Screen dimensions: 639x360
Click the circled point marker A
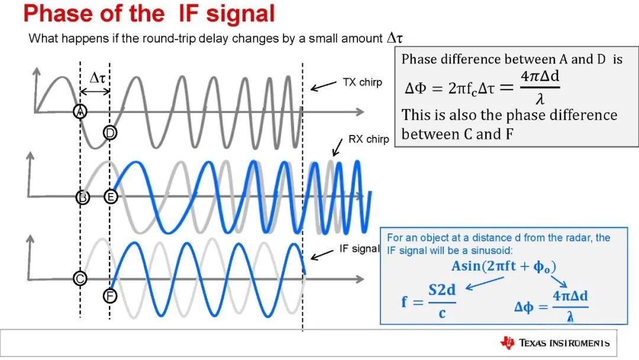click(80, 111)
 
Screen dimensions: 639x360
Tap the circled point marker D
click(110, 133)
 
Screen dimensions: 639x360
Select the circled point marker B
click(83, 197)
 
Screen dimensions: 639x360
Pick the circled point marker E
click(111, 197)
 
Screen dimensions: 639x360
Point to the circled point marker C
click(80, 278)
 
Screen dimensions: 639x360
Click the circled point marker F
click(110, 295)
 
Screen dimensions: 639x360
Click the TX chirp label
click(362, 82)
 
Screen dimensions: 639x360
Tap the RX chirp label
click(369, 139)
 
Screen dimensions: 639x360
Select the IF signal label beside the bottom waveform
click(359, 249)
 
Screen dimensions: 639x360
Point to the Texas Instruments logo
click(555, 343)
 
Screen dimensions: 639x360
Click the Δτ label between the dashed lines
click(98, 77)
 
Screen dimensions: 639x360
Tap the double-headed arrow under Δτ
click(95, 92)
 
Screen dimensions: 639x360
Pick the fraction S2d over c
click(442, 301)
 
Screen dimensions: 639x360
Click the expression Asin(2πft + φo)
click(504, 266)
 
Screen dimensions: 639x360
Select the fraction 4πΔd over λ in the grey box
click(540, 87)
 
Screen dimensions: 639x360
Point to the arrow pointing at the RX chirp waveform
click(337, 147)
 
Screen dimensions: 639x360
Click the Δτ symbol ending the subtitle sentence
click(395, 38)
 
